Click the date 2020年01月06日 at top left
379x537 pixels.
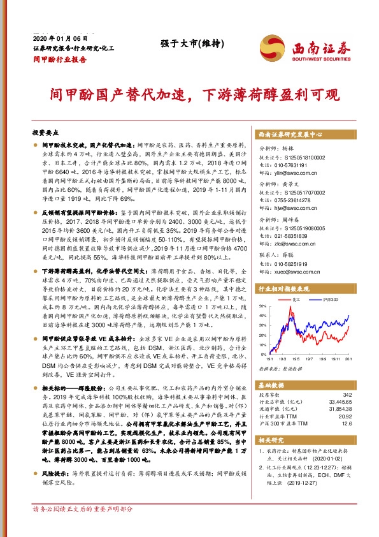[54, 39]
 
